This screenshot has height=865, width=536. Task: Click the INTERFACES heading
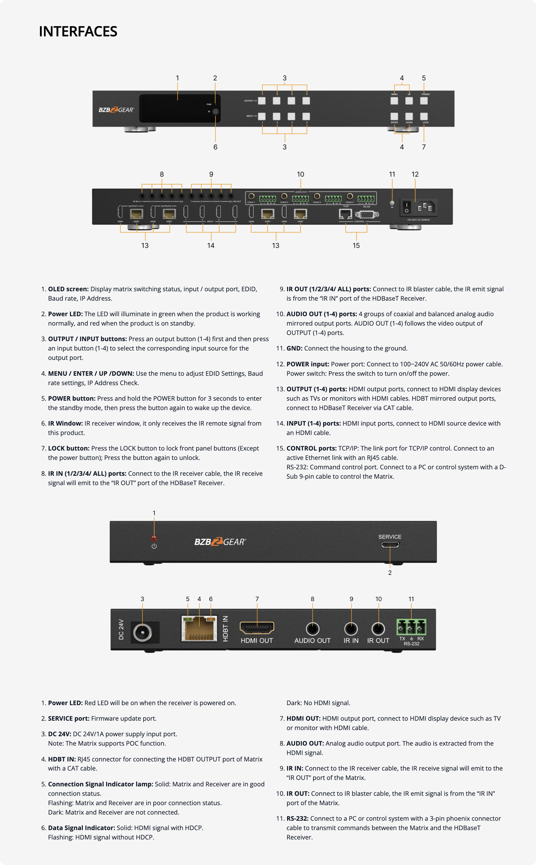(78, 32)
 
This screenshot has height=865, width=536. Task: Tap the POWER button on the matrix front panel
(424, 101)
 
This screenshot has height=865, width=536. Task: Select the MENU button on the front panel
(394, 101)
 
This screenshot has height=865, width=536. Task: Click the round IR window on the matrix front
(215, 111)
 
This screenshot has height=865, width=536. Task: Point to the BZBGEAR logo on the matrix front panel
(116, 110)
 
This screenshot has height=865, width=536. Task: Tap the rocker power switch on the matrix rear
(407, 207)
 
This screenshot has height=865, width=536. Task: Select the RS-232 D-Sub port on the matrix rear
(367, 214)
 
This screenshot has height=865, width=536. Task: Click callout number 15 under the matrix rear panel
(356, 245)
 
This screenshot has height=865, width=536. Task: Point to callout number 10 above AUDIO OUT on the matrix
(300, 174)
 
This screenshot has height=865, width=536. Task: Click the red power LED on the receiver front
(154, 538)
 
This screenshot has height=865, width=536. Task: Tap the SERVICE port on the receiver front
(390, 545)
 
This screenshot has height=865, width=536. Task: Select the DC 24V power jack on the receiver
(143, 632)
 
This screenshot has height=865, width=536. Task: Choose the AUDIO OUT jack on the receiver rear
(312, 629)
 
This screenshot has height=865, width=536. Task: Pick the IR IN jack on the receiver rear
(351, 629)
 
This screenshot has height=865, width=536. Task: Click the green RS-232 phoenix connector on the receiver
(411, 627)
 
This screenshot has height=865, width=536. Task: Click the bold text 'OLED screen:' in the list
(68, 289)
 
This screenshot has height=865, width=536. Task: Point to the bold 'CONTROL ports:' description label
(312, 448)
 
